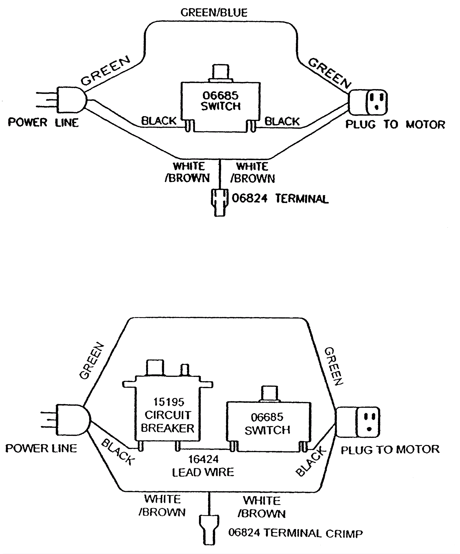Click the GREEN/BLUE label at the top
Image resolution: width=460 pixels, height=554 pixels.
point(214,13)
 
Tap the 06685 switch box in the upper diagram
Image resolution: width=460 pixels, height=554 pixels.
point(221,107)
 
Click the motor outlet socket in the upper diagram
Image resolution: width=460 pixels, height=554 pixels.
point(368,102)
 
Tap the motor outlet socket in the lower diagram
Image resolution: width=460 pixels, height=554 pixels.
point(358,422)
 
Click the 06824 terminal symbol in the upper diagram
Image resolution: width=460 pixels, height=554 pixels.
point(220,202)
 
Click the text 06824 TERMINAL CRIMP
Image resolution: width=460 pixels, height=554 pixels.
point(296,533)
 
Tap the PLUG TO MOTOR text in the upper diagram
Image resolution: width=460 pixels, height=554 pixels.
point(395,124)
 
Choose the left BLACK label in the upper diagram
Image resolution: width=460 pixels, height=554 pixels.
point(159,121)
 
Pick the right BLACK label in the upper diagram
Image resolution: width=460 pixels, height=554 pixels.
point(282,122)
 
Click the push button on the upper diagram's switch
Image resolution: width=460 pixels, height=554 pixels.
point(221,74)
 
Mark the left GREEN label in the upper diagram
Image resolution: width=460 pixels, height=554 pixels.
point(106,71)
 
